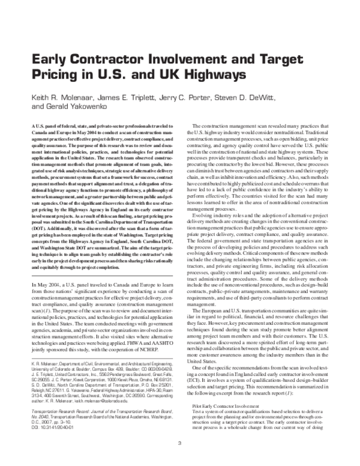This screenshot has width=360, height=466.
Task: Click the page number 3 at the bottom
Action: click(179, 443)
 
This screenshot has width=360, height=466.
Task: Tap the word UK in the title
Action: click(160, 74)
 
